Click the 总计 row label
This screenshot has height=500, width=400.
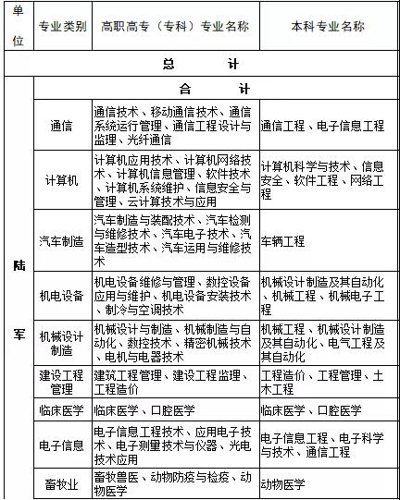tap(201, 65)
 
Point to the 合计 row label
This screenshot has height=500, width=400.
tap(201, 90)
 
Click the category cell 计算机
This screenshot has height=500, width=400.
tap(62, 180)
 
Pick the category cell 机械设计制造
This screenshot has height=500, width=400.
tap(62, 344)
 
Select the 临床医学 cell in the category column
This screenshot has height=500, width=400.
tap(62, 410)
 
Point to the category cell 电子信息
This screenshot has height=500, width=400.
tap(62, 445)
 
